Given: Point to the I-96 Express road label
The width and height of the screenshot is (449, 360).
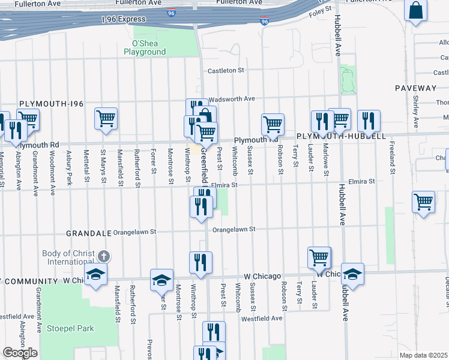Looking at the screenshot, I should click(x=123, y=19).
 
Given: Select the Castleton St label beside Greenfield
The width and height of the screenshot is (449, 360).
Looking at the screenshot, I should click(x=226, y=71).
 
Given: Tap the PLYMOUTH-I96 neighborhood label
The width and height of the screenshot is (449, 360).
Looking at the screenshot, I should click(x=51, y=104).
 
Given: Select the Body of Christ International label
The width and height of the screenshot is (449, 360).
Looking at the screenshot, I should click(x=68, y=257).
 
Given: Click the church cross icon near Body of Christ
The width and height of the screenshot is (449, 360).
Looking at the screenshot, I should click(x=104, y=256).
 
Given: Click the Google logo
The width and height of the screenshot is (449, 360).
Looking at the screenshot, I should click(x=20, y=353).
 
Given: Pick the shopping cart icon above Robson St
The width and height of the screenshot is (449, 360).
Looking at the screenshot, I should click(x=273, y=124).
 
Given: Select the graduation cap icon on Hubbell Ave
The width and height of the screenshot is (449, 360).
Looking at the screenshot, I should click(x=352, y=274).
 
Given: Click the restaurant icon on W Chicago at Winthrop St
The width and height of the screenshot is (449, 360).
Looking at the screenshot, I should click(x=200, y=262).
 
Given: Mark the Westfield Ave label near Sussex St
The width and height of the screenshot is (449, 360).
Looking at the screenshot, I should click(x=262, y=318).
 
